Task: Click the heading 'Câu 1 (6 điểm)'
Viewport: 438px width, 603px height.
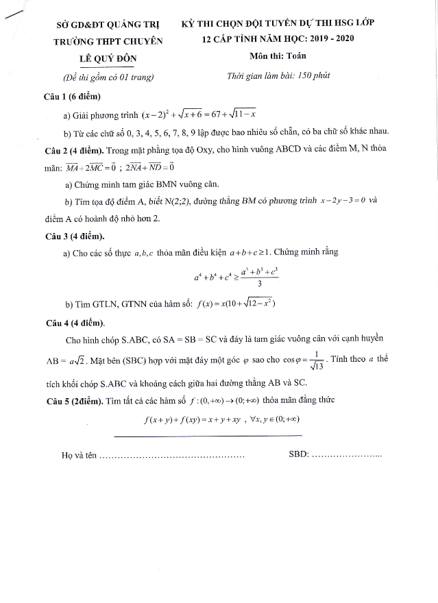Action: [72, 97]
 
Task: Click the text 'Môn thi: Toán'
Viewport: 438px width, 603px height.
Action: [278, 58]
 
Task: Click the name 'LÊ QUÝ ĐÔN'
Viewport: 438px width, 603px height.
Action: [108, 58]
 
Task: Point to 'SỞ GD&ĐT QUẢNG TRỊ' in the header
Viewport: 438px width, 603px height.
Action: [108, 24]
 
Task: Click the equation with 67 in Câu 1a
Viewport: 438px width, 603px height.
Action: [198, 114]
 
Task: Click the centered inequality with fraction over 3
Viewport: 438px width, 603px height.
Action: [235, 278]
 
